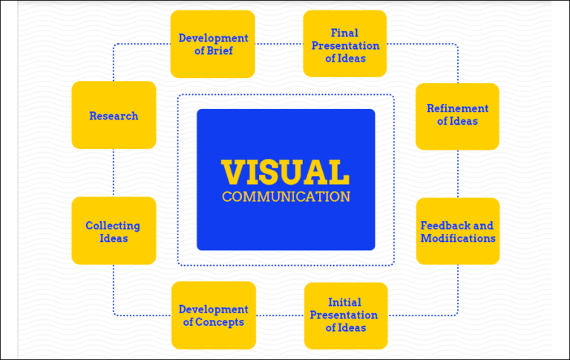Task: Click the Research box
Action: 114,115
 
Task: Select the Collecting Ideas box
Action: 114,231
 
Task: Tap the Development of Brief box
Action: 213,44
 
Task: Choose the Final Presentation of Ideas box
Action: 345,44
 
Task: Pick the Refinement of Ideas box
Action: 457,115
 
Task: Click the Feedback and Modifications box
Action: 457,231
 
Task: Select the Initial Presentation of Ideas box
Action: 345,315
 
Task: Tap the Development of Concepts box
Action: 213,315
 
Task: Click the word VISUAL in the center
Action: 286,172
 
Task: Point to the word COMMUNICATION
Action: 286,197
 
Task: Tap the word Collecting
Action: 113,226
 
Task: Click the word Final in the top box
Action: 345,33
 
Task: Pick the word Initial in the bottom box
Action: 345,302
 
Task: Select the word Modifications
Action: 458,238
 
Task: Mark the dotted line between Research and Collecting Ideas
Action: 114,173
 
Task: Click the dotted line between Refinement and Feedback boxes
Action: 458,174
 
